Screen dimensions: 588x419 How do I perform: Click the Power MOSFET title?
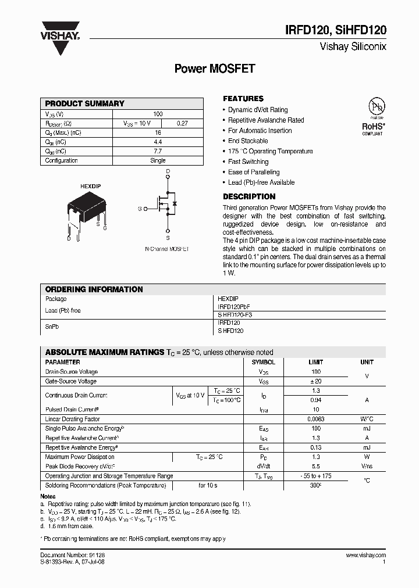click(x=215, y=69)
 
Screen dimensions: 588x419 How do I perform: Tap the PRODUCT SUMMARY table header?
click(x=85, y=103)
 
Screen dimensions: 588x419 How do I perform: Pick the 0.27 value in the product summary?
click(x=182, y=123)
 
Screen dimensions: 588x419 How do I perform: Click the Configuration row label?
click(x=61, y=160)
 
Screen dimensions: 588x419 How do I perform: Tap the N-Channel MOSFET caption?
click(x=167, y=249)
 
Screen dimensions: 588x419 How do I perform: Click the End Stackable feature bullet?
click(x=248, y=141)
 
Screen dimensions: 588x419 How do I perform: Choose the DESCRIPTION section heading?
click(x=249, y=196)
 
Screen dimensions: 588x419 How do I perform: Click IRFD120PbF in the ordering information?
click(x=233, y=306)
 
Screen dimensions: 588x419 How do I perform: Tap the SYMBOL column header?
click(x=263, y=362)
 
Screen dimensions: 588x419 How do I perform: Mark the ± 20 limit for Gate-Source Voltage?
click(x=316, y=381)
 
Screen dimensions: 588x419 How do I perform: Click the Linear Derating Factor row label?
click(x=73, y=419)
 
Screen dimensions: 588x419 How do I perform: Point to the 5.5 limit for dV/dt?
click(x=316, y=466)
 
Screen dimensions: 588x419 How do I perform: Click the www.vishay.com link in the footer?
click(x=365, y=555)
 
